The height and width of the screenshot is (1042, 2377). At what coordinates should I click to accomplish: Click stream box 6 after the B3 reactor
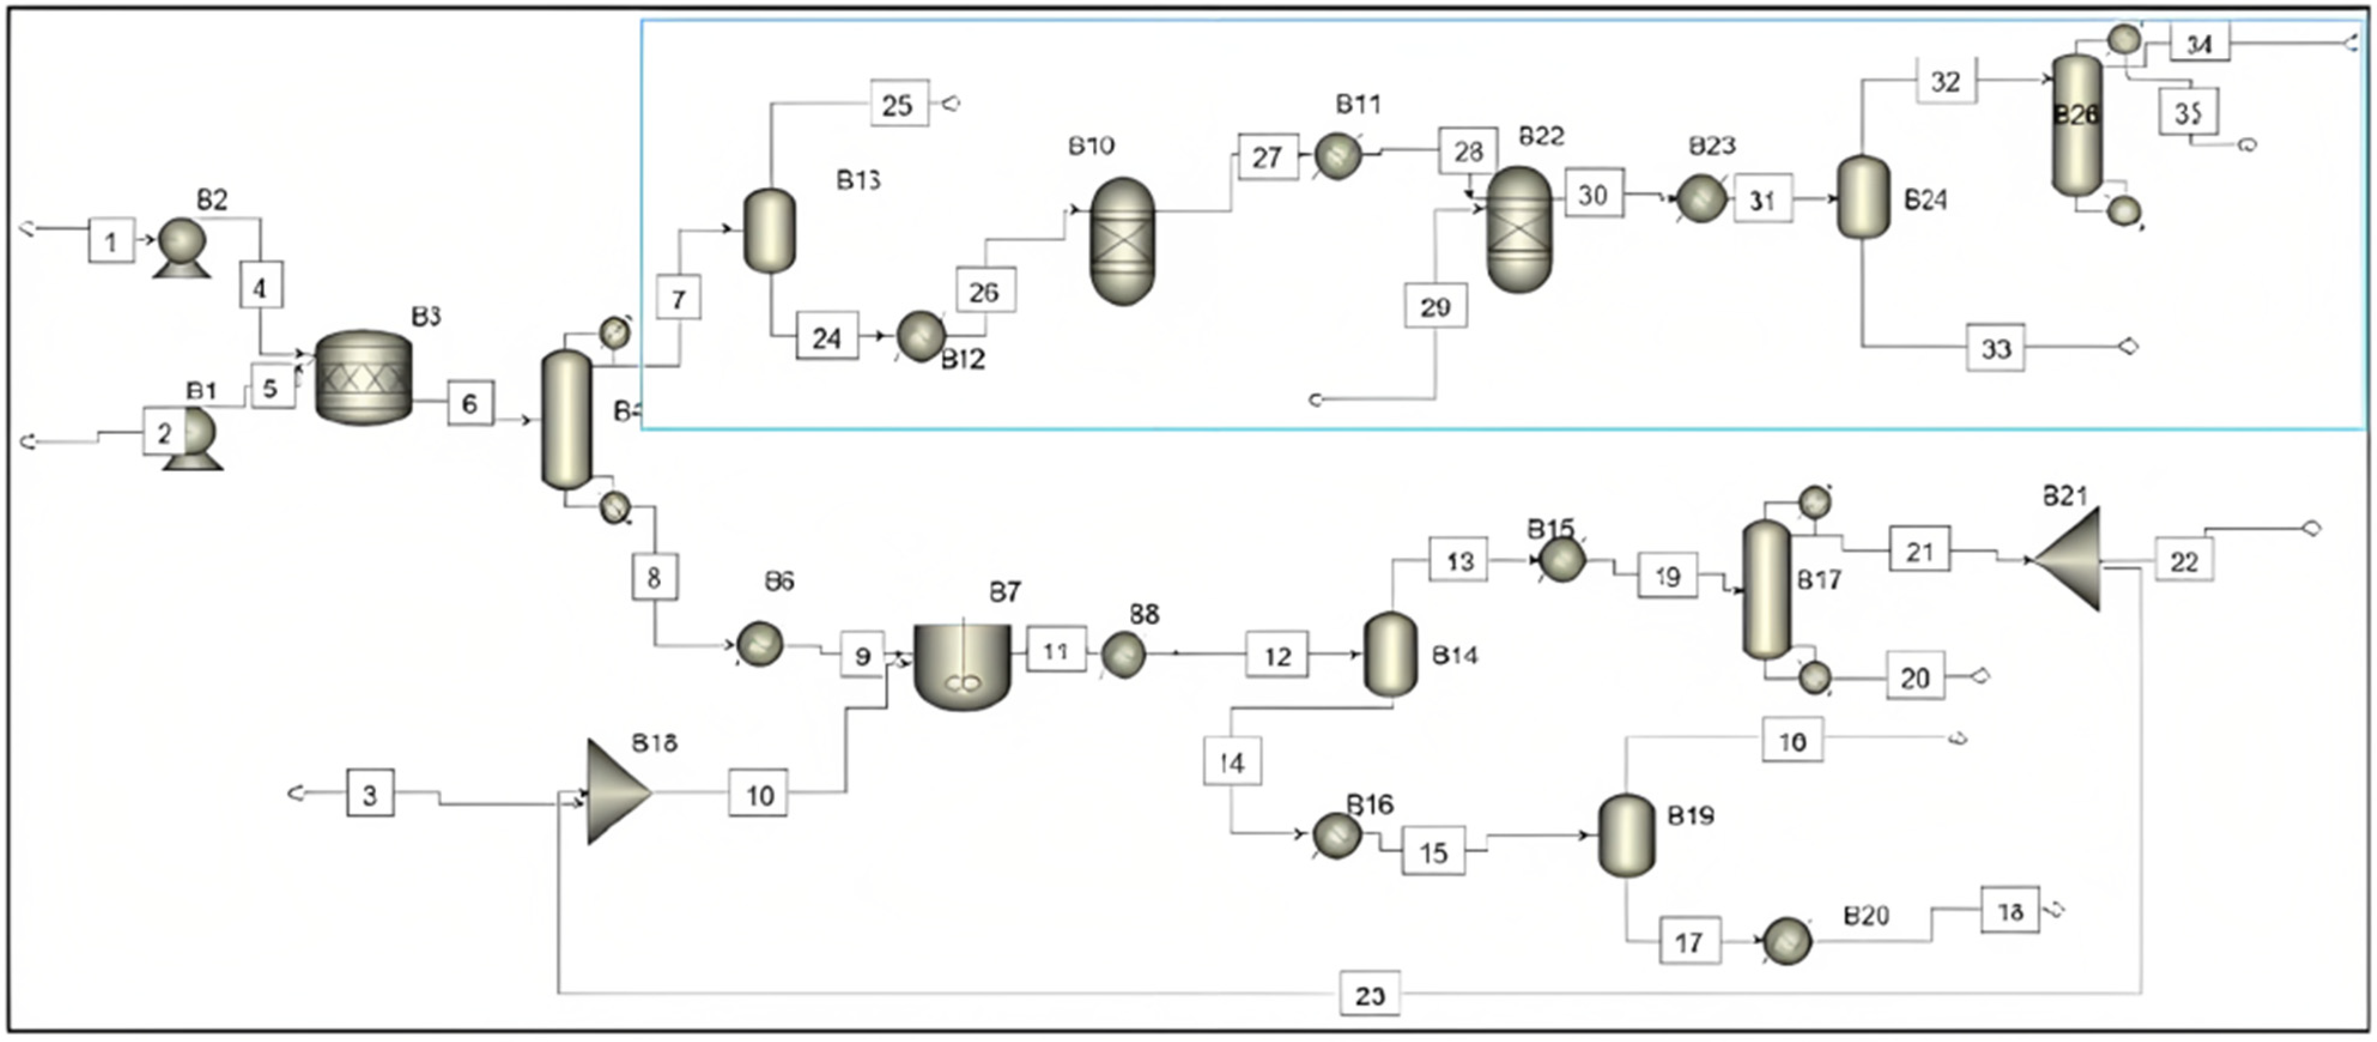coord(470,403)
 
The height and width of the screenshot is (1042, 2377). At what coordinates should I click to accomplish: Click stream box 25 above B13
coord(898,104)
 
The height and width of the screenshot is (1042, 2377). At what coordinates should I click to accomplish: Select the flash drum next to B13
coord(770,231)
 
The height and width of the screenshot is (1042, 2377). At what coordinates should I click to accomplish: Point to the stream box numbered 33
coord(1995,348)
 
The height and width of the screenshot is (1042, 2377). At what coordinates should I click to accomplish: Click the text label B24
coord(1925,199)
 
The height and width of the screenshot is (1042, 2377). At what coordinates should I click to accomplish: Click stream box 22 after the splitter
coord(2183,561)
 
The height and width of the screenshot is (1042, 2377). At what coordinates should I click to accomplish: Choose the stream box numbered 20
coord(1915,677)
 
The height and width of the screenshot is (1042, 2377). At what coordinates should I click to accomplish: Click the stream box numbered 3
coord(370,793)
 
